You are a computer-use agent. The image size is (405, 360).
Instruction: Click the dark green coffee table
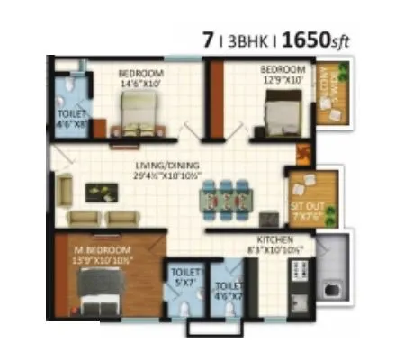click(99, 192)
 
